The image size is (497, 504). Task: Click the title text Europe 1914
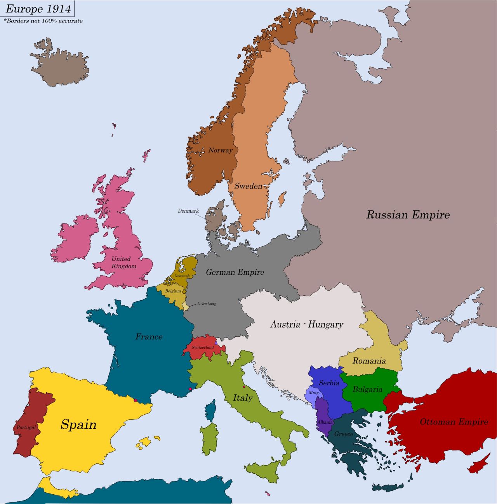pyautogui.click(x=38, y=9)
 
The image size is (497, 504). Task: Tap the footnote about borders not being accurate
pyautogui.click(x=43, y=21)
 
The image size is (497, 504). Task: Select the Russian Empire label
pyautogui.click(x=408, y=215)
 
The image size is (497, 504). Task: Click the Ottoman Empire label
pyautogui.click(x=454, y=422)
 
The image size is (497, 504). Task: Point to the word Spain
pyautogui.click(x=78, y=424)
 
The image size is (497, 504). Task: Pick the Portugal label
pyautogui.click(x=26, y=427)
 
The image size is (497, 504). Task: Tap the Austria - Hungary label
pyautogui.click(x=307, y=324)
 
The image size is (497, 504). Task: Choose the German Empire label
pyautogui.click(x=235, y=272)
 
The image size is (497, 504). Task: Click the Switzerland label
pyautogui.click(x=203, y=347)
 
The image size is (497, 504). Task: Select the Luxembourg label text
pyautogui.click(x=207, y=304)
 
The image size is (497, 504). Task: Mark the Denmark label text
pyautogui.click(x=188, y=211)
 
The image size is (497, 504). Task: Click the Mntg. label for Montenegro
pyautogui.click(x=314, y=393)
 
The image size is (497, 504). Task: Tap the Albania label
pyautogui.click(x=325, y=422)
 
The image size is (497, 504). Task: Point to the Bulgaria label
pyautogui.click(x=367, y=389)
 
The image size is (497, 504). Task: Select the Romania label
pyautogui.click(x=369, y=361)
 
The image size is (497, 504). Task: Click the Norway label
pyautogui.click(x=220, y=150)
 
